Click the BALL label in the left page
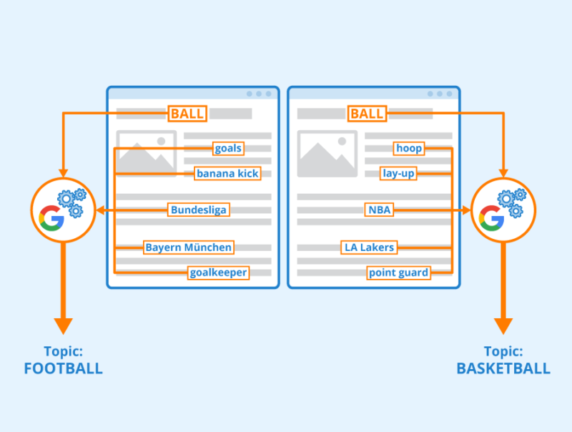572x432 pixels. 188,114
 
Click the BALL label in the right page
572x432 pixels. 368,114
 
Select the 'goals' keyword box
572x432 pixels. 228,149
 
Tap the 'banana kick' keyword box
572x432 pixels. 228,173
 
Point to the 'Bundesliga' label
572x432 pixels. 199,210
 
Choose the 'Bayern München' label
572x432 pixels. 189,247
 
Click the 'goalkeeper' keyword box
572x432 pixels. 219,273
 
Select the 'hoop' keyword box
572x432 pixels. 408,149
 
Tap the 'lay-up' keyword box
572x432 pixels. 398,173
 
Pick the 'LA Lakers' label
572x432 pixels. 368,247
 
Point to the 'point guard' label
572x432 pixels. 398,273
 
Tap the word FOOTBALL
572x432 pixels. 63,369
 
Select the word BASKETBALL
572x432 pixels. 503,369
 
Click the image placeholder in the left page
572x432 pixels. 146,152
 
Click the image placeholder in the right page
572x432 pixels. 327,152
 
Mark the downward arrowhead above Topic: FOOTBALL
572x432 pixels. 63,324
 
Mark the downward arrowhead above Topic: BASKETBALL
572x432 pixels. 503,324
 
